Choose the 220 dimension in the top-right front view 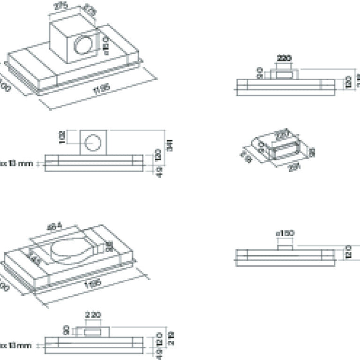(x=284, y=59)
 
